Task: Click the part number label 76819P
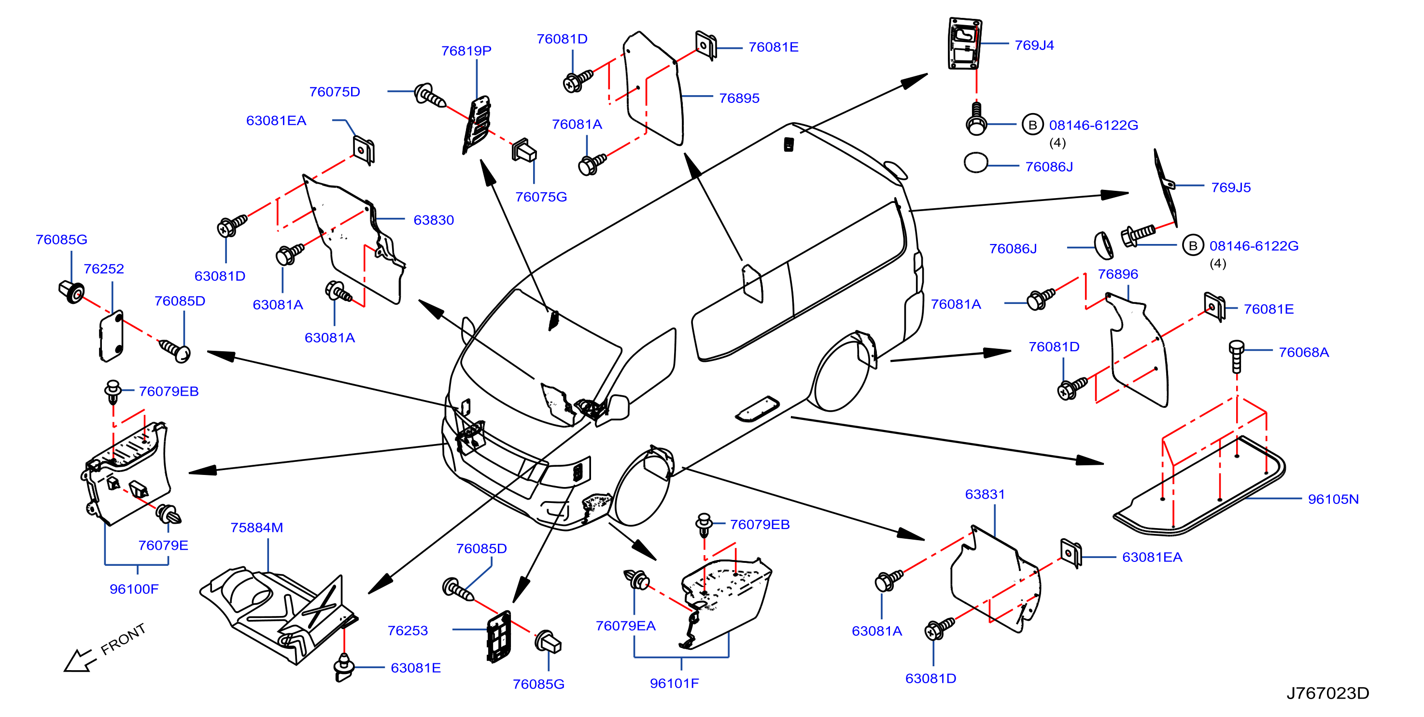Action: click(466, 51)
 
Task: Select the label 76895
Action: click(739, 99)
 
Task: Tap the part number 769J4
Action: click(1034, 45)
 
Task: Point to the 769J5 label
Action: click(1230, 187)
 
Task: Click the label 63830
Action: click(434, 220)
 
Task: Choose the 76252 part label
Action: click(103, 269)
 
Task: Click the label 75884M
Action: click(256, 528)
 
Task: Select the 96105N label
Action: click(1333, 500)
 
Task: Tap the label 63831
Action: click(985, 495)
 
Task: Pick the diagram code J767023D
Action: click(1327, 693)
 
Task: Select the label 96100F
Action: click(134, 589)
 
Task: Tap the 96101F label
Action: click(674, 684)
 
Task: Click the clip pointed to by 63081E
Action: click(344, 667)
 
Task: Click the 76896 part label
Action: click(1118, 274)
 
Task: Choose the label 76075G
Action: click(541, 198)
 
